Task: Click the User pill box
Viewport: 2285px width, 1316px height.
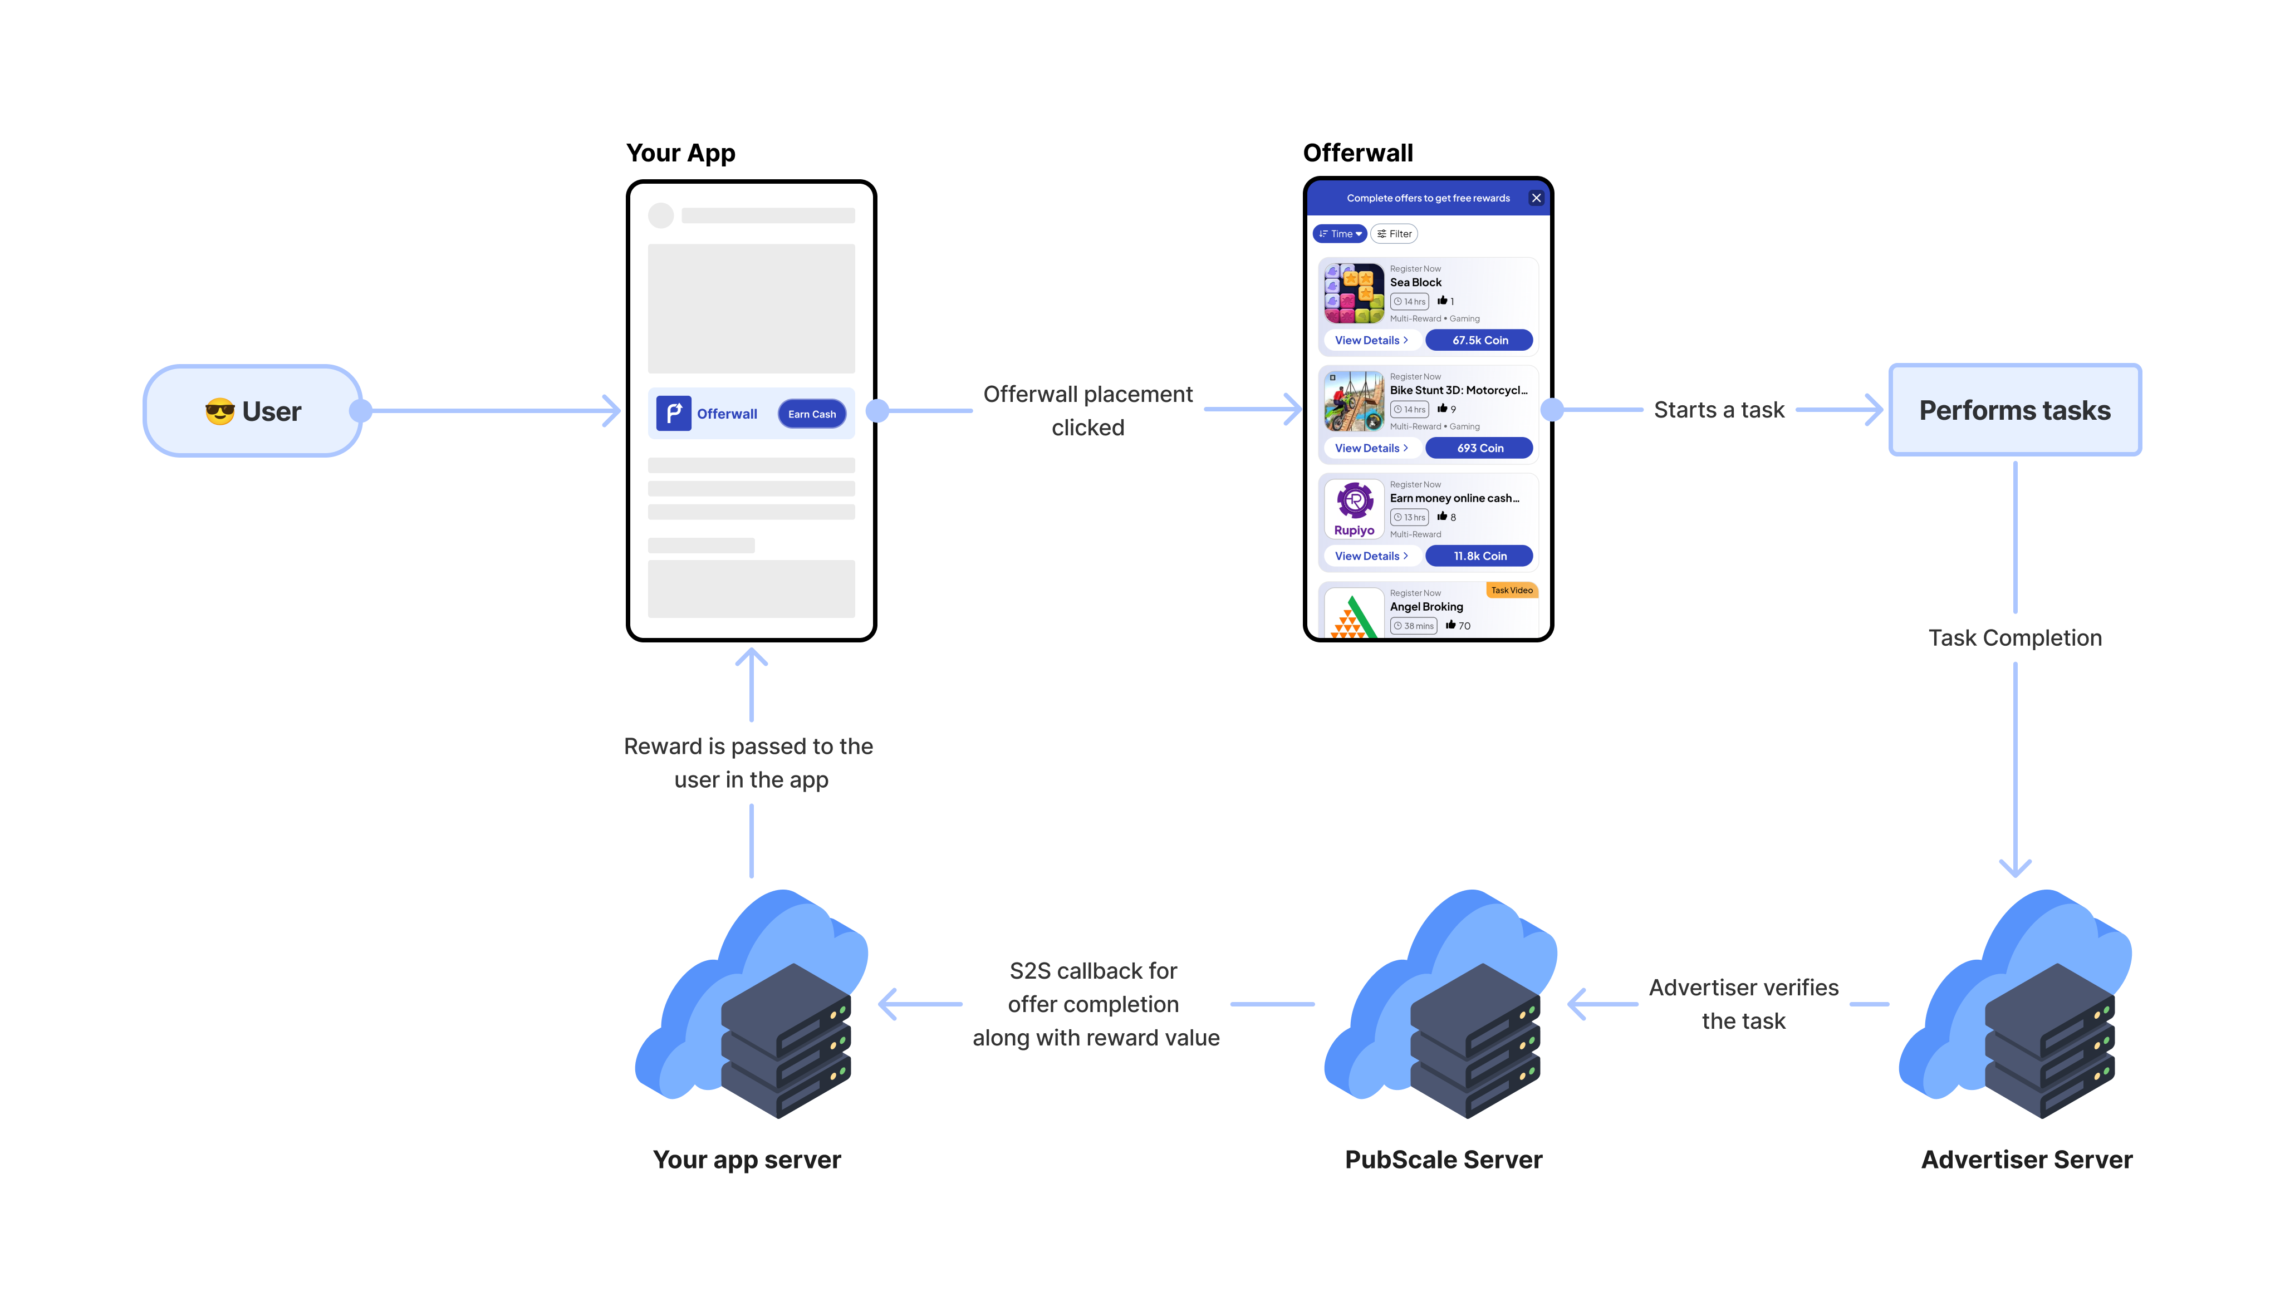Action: click(253, 411)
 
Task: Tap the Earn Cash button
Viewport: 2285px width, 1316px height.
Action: click(812, 414)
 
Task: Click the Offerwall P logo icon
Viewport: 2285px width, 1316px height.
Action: click(673, 413)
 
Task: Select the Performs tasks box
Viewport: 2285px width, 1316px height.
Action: click(2015, 410)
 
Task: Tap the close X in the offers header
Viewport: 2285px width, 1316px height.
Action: click(1536, 198)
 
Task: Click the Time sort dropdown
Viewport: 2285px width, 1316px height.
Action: click(1340, 234)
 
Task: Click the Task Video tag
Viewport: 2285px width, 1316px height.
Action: click(1511, 590)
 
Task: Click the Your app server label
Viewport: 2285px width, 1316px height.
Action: click(747, 1160)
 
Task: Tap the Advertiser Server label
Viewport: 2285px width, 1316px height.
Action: click(2027, 1160)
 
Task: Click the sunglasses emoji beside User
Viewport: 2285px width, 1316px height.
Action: click(219, 412)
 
